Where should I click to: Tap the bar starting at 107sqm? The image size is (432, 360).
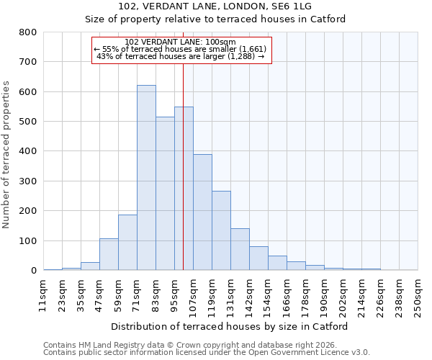202,212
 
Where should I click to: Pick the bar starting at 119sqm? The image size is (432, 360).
221,230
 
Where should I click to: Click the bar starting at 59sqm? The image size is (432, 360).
127,243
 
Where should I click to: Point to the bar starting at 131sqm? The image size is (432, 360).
240,249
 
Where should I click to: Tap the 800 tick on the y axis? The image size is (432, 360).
27,32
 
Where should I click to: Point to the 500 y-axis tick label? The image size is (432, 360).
27,122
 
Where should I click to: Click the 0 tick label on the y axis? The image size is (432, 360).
33,271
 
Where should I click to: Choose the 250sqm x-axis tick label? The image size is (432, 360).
418,296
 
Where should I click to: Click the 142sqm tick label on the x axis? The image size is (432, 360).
249,296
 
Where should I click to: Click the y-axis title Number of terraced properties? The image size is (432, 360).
6,155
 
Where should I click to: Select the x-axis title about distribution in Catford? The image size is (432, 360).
230,326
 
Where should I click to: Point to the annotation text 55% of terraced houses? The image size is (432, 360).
181,49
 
